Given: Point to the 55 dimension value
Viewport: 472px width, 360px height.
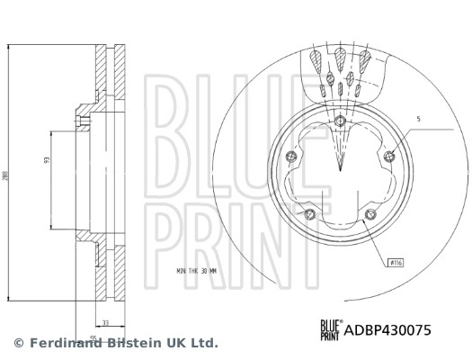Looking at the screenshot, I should pos(93,337).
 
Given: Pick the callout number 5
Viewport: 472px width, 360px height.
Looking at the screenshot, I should pos(418,119).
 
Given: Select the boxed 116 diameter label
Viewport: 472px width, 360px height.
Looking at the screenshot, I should pos(395,263).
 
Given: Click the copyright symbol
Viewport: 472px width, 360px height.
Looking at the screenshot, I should pos(19,343).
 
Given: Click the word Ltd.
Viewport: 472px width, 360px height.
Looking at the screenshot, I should pos(204,343).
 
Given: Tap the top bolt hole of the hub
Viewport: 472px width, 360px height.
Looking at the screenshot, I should pos(338,122).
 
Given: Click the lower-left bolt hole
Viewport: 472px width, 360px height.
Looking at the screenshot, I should pos(308,213).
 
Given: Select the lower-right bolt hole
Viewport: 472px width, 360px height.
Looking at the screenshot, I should pos(370,213).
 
